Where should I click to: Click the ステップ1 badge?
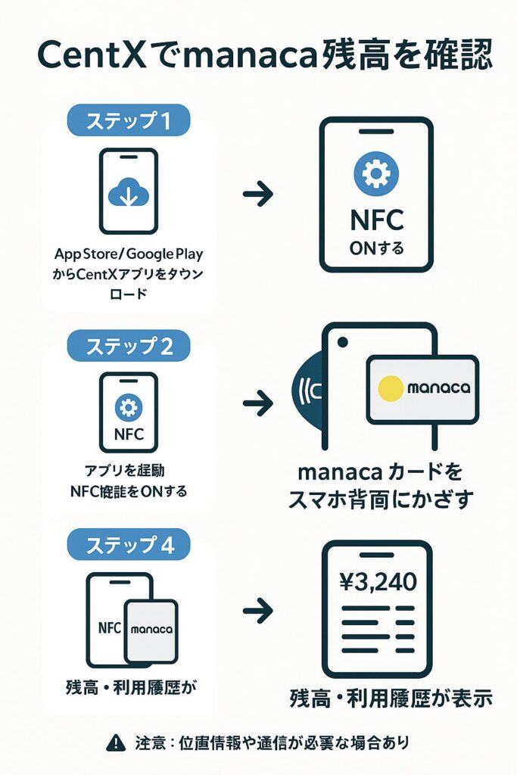click(x=128, y=120)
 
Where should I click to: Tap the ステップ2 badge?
click(x=129, y=346)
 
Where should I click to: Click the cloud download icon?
click(x=129, y=194)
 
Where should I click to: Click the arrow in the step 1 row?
click(x=257, y=195)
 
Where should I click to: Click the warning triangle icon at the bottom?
click(x=115, y=743)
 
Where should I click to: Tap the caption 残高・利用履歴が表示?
click(x=391, y=698)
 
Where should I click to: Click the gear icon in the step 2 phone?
click(x=129, y=408)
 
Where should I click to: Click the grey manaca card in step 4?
click(x=151, y=630)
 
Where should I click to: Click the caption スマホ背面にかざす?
click(x=380, y=499)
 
